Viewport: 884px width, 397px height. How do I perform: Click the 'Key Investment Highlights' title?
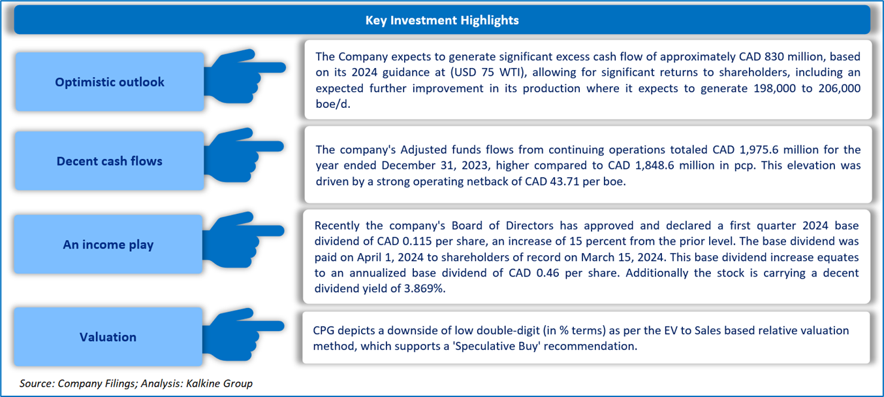[x=442, y=20]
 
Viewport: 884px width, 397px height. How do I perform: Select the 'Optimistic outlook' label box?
[x=110, y=82]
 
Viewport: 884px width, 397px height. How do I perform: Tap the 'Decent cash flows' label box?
[x=110, y=161]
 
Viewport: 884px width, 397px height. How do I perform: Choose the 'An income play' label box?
[x=108, y=245]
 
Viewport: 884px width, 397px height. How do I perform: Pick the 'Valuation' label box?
[x=108, y=337]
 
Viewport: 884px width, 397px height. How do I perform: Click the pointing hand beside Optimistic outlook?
[x=245, y=76]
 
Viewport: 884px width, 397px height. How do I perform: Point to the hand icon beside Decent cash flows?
[x=244, y=154]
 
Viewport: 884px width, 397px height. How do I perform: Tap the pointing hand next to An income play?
[x=244, y=239]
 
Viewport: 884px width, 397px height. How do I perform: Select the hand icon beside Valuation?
[x=244, y=334]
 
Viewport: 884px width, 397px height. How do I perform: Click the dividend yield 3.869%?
[x=423, y=288]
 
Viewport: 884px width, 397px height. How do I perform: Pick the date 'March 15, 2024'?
[x=622, y=258]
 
